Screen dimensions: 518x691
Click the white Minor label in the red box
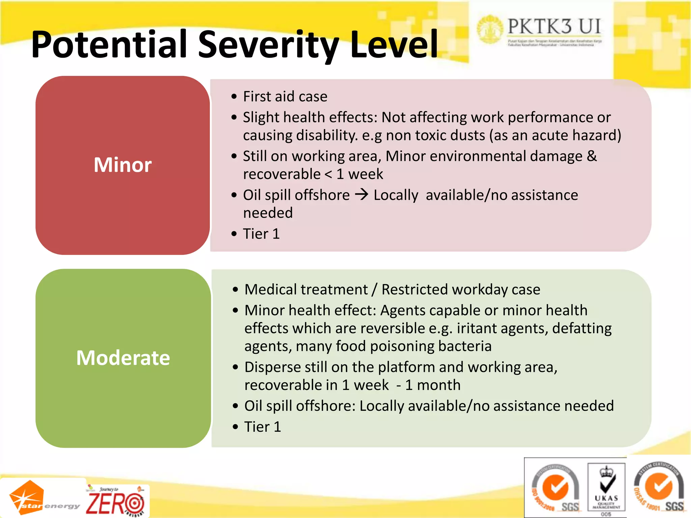(x=122, y=165)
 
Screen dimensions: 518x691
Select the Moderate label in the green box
(x=123, y=358)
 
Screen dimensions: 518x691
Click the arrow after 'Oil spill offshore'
(x=362, y=195)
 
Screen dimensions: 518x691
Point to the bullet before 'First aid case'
(x=234, y=97)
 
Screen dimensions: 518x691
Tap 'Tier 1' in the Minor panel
(x=261, y=234)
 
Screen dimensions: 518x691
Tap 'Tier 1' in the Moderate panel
(x=262, y=427)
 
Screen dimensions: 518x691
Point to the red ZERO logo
(x=115, y=502)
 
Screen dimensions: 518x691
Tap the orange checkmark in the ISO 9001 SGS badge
(x=555, y=487)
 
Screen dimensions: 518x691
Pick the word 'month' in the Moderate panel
(x=439, y=385)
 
